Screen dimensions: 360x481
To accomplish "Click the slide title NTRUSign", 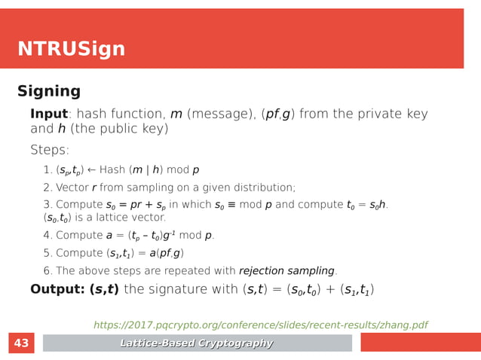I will pos(71,50).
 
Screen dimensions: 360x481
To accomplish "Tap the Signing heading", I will pos(49,92).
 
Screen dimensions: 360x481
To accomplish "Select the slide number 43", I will pos(21,343).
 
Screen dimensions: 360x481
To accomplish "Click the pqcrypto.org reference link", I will pos(260,325).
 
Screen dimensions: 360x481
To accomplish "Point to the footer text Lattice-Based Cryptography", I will pos(197,343).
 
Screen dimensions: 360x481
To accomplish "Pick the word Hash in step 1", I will pos(112,170).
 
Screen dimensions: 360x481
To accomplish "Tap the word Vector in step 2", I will pos(73,188).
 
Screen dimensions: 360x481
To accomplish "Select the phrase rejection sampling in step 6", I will pos(286,271).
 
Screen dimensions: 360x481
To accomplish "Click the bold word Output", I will pos(57,290).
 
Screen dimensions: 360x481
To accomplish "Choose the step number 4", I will pos(47,236).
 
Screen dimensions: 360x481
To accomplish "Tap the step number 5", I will pos(47,254).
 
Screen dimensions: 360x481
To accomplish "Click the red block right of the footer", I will pos(419,343).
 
